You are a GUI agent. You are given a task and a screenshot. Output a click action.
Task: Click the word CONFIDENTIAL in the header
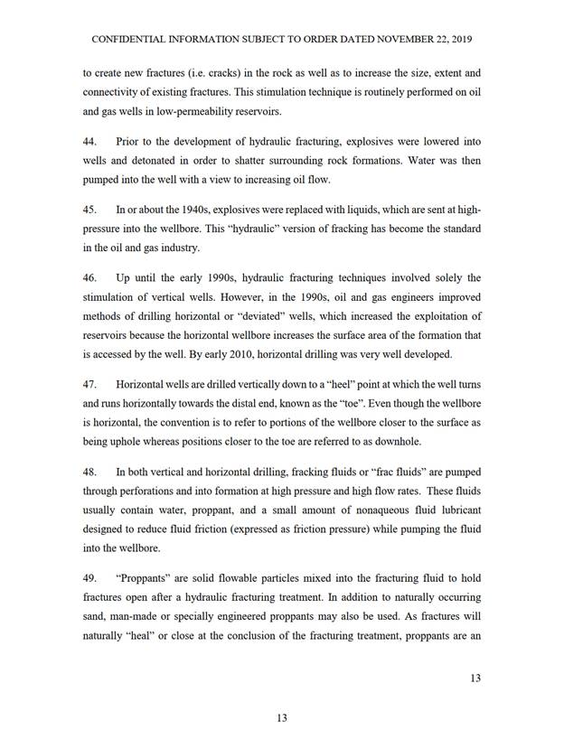pos(129,41)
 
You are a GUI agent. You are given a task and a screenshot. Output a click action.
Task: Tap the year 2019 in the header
pos(461,41)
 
